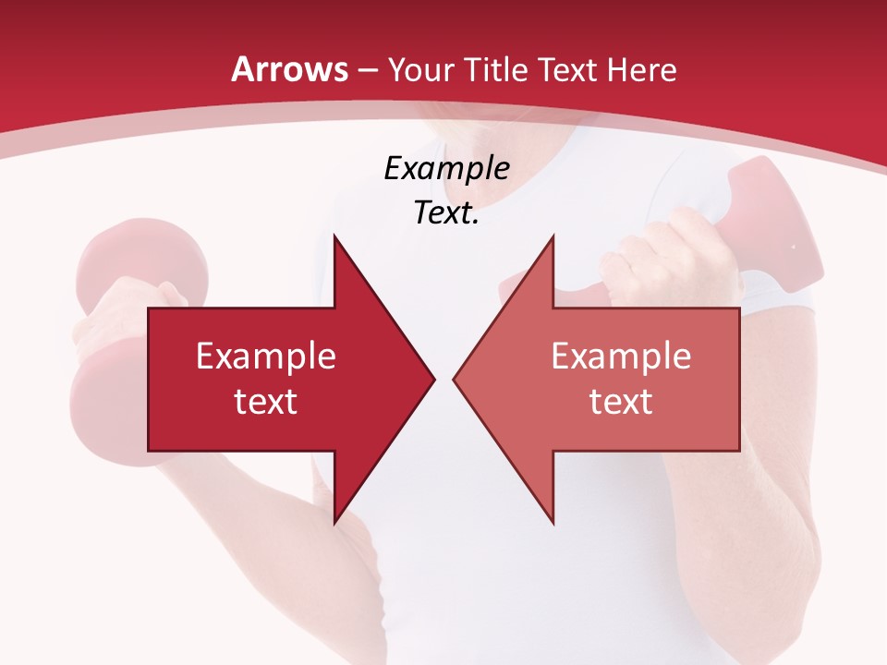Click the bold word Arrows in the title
click(289, 69)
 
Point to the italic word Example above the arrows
click(446, 169)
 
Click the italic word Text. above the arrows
click(446, 213)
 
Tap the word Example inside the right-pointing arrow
click(266, 357)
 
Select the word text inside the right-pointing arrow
click(266, 401)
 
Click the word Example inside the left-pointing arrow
click(621, 357)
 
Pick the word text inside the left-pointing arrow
click(621, 401)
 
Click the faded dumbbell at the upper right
click(776, 231)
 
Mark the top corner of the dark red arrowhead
click(334, 237)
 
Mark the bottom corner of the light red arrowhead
click(553, 521)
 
